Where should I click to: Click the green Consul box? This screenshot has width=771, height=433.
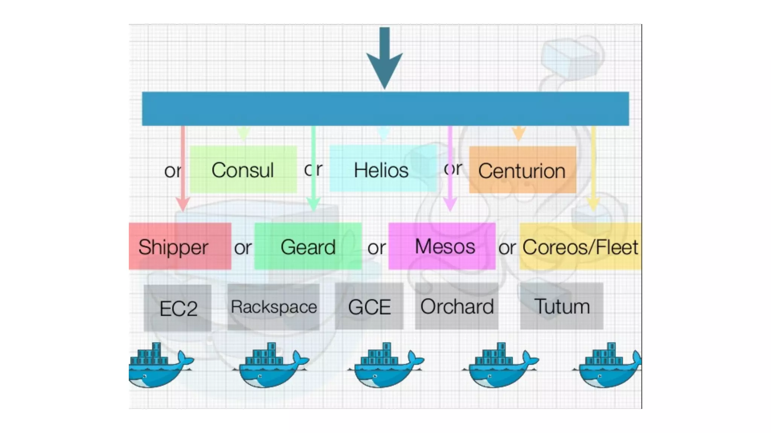pyautogui.click(x=243, y=170)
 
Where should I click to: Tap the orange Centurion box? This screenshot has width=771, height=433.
pyautogui.click(x=523, y=170)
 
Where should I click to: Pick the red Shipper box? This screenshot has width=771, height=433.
pyautogui.click(x=180, y=246)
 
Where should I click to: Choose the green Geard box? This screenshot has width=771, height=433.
pyautogui.click(x=308, y=246)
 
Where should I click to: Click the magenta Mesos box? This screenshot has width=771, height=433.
pyautogui.click(x=442, y=246)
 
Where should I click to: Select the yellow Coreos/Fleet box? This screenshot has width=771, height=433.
pyautogui.click(x=580, y=246)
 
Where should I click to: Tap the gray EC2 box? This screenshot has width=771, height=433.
pyautogui.click(x=177, y=308)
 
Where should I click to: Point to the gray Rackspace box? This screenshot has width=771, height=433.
pyautogui.click(x=274, y=307)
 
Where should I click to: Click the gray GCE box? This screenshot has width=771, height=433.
pyautogui.click(x=369, y=306)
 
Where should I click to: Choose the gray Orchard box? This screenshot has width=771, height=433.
pyautogui.click(x=457, y=306)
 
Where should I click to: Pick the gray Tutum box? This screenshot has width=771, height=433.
pyautogui.click(x=562, y=306)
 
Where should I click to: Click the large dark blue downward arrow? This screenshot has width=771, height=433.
pyautogui.click(x=384, y=60)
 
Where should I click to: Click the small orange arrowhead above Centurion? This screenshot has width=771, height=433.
pyautogui.click(x=519, y=133)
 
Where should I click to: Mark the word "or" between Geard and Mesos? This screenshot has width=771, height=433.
pyautogui.click(x=376, y=248)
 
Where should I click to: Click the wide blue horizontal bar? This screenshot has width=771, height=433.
pyautogui.click(x=385, y=109)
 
